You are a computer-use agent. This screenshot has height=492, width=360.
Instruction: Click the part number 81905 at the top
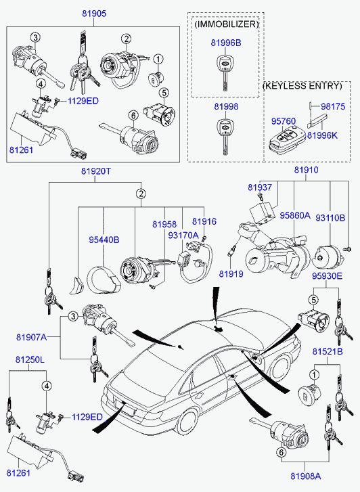tap(95, 14)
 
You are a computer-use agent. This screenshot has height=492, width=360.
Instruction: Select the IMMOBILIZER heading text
tap(226, 24)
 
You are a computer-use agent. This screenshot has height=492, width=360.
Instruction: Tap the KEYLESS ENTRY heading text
tap(302, 86)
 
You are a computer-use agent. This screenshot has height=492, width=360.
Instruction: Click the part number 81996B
tap(226, 43)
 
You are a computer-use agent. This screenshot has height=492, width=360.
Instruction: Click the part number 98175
tap(333, 106)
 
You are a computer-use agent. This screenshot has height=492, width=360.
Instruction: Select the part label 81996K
tap(322, 135)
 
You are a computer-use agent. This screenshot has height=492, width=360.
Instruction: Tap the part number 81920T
tap(96, 171)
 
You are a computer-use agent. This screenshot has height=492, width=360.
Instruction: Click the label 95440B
tap(104, 240)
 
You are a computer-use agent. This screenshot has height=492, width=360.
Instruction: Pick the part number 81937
tap(260, 187)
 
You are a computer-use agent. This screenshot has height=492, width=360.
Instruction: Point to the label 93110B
tap(330, 218)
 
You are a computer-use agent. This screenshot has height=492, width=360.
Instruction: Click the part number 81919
tap(231, 274)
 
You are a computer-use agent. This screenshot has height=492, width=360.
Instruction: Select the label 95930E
tap(327, 276)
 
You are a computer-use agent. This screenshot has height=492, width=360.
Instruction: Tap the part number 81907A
tap(31, 337)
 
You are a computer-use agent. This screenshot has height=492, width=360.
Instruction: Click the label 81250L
tap(30, 359)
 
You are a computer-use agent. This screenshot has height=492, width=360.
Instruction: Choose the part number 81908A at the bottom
tap(305, 476)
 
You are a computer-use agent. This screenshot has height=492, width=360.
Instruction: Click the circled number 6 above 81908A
tap(281, 453)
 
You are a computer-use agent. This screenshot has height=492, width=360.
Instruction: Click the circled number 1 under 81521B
tap(314, 375)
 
